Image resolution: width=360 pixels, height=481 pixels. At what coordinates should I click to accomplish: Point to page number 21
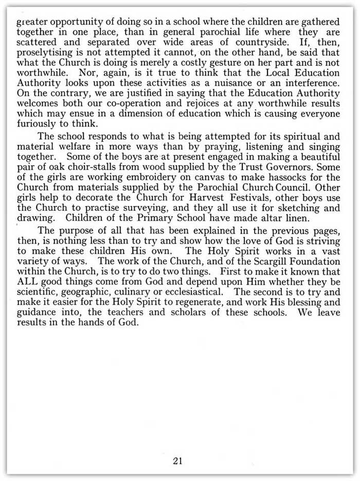[178, 447]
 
